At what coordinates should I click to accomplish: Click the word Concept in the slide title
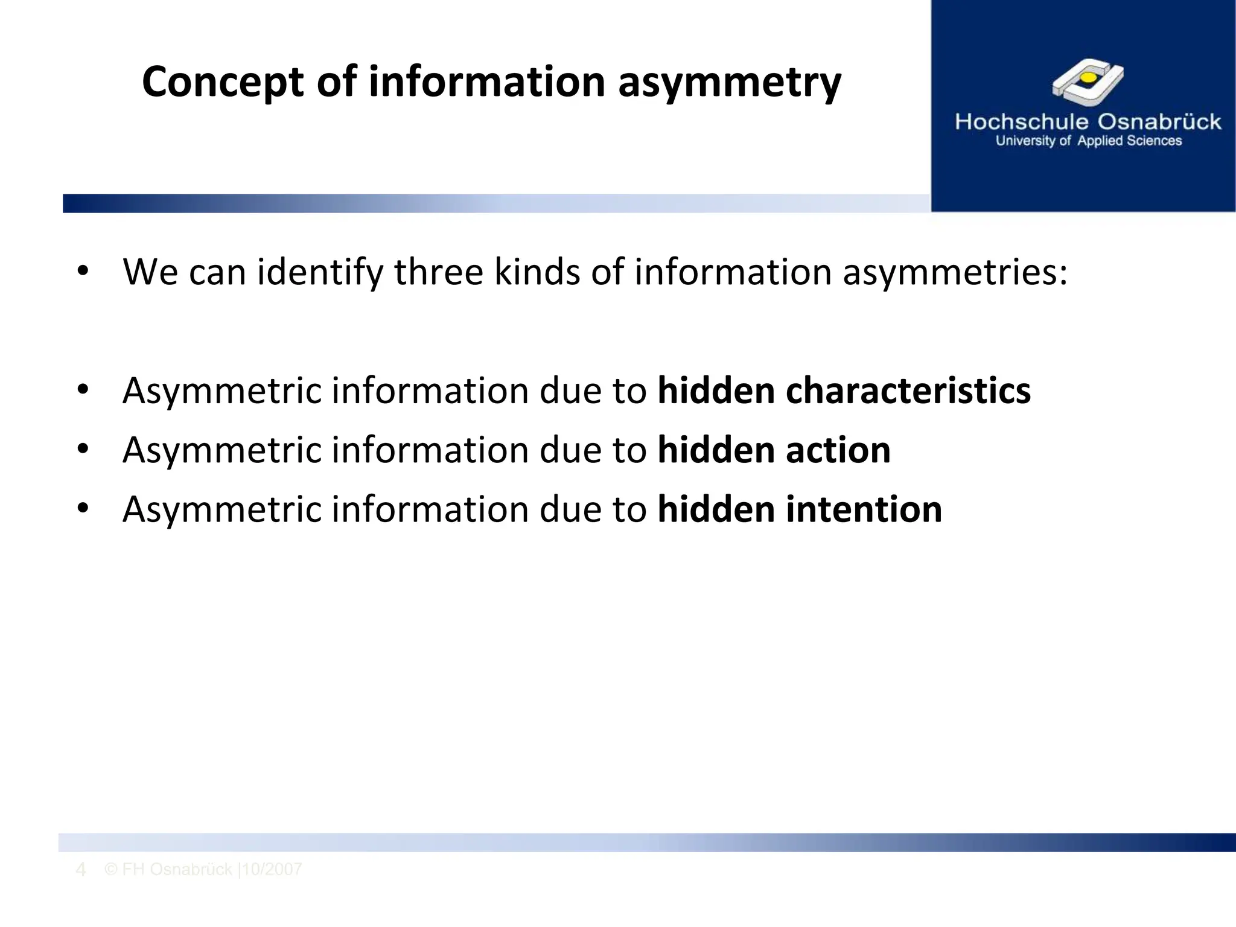(223, 83)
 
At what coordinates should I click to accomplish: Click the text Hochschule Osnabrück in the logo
(1088, 122)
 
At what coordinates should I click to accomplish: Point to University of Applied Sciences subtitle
(1088, 141)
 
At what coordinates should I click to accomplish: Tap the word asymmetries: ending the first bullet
(955, 272)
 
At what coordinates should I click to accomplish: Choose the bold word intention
(864, 509)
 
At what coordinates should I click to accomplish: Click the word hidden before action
(716, 450)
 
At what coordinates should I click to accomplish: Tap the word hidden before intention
(716, 509)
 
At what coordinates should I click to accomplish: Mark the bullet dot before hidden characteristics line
(83, 390)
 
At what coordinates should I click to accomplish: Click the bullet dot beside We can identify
(83, 271)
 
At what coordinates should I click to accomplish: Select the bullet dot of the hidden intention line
(83, 509)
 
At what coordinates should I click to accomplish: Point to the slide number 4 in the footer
(80, 870)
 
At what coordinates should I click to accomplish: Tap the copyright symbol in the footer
(110, 869)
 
